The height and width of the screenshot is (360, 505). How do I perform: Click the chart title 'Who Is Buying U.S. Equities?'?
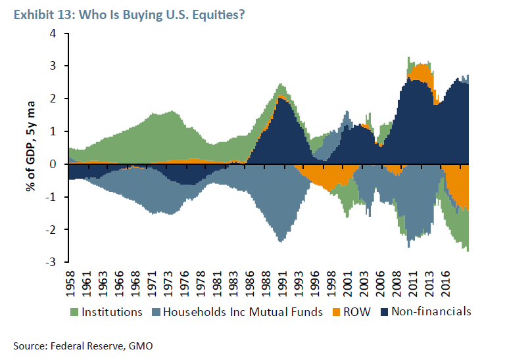pyautogui.click(x=162, y=14)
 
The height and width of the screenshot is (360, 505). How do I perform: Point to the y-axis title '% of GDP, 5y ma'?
pyautogui.click(x=32, y=147)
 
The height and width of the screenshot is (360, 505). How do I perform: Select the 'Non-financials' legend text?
pyautogui.click(x=431, y=311)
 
